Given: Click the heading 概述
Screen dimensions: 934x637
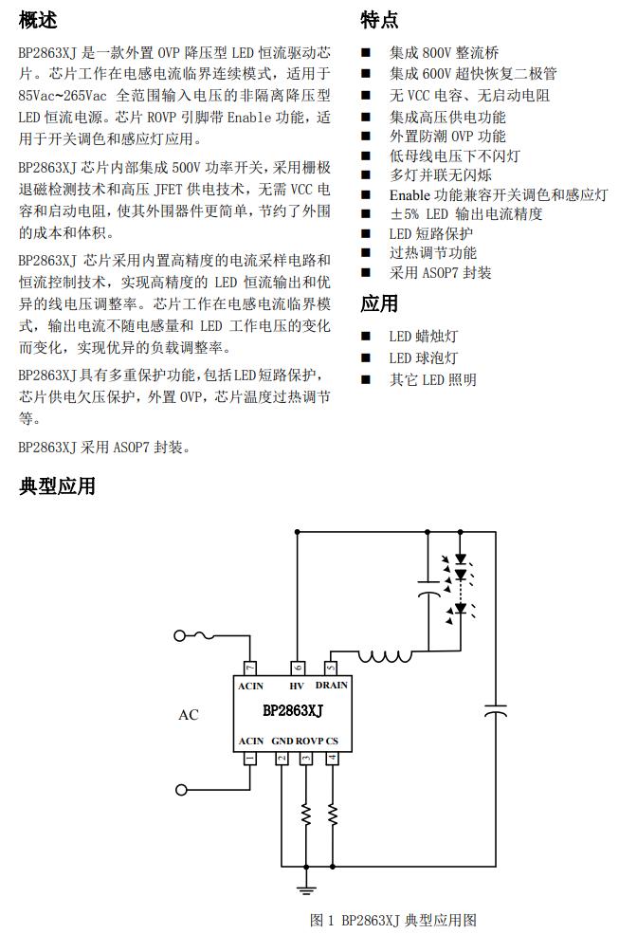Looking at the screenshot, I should point(38,20).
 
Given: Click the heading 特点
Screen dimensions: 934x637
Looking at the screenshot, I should point(379,20).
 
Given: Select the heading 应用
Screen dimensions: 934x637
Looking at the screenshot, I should point(379,304).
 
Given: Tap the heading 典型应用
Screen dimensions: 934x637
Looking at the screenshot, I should point(57,487).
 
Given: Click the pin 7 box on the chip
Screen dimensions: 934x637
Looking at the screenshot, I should point(249,668).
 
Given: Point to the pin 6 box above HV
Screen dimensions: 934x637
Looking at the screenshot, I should point(298,668).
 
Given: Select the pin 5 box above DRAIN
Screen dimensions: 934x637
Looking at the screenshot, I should point(332,668).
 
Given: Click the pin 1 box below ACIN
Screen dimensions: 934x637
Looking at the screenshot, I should point(249,759).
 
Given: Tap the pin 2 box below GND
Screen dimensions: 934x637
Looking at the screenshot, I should point(282,759).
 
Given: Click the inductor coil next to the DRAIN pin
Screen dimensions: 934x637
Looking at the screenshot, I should point(384,653).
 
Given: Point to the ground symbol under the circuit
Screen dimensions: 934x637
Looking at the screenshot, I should point(305,888).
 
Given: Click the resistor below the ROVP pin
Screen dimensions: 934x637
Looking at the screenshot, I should point(306,814).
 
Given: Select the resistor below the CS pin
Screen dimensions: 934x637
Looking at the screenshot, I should point(332,814).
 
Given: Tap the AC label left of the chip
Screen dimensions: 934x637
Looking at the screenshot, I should point(189,714).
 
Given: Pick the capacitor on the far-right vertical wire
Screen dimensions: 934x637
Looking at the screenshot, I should point(496,710).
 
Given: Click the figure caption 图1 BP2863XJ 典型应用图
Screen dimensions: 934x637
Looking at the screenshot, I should point(391,920).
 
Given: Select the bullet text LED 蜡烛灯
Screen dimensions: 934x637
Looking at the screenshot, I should point(423,337).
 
